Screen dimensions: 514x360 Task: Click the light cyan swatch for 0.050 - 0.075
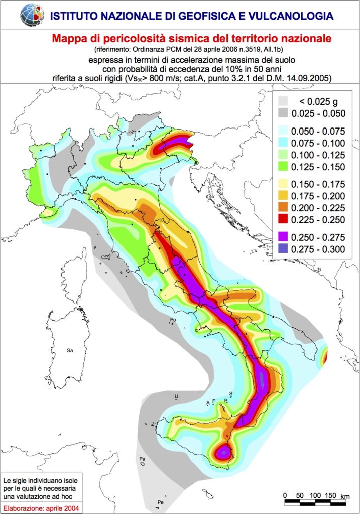point(283,132)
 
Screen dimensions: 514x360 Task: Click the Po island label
point(173,320)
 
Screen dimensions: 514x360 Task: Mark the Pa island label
point(142,459)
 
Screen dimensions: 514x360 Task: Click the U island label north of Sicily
point(176,397)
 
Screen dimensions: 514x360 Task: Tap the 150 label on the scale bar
point(330,495)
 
